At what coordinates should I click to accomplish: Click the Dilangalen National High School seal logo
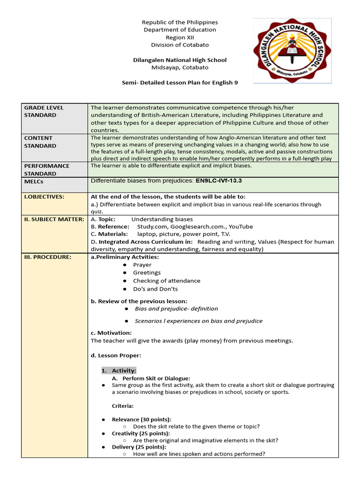point(292,51)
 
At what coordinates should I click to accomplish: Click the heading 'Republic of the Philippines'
point(180,22)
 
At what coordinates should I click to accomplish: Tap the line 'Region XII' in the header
point(180,37)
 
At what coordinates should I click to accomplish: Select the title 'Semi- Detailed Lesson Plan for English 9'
point(180,82)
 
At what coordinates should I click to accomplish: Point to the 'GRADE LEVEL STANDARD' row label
point(44,111)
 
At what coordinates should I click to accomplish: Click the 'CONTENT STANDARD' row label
point(40,142)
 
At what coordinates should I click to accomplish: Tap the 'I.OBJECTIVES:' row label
point(44,197)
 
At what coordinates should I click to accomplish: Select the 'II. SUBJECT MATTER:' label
point(54,219)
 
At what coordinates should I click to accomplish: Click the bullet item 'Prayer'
point(142,265)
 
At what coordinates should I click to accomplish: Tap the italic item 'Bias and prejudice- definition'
point(176,309)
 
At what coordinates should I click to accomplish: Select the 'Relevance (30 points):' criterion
point(141,419)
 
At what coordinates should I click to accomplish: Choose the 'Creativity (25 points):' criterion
point(141,433)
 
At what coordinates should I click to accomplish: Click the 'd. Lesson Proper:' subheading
point(116,356)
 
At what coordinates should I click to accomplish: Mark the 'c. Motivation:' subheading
point(111,333)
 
